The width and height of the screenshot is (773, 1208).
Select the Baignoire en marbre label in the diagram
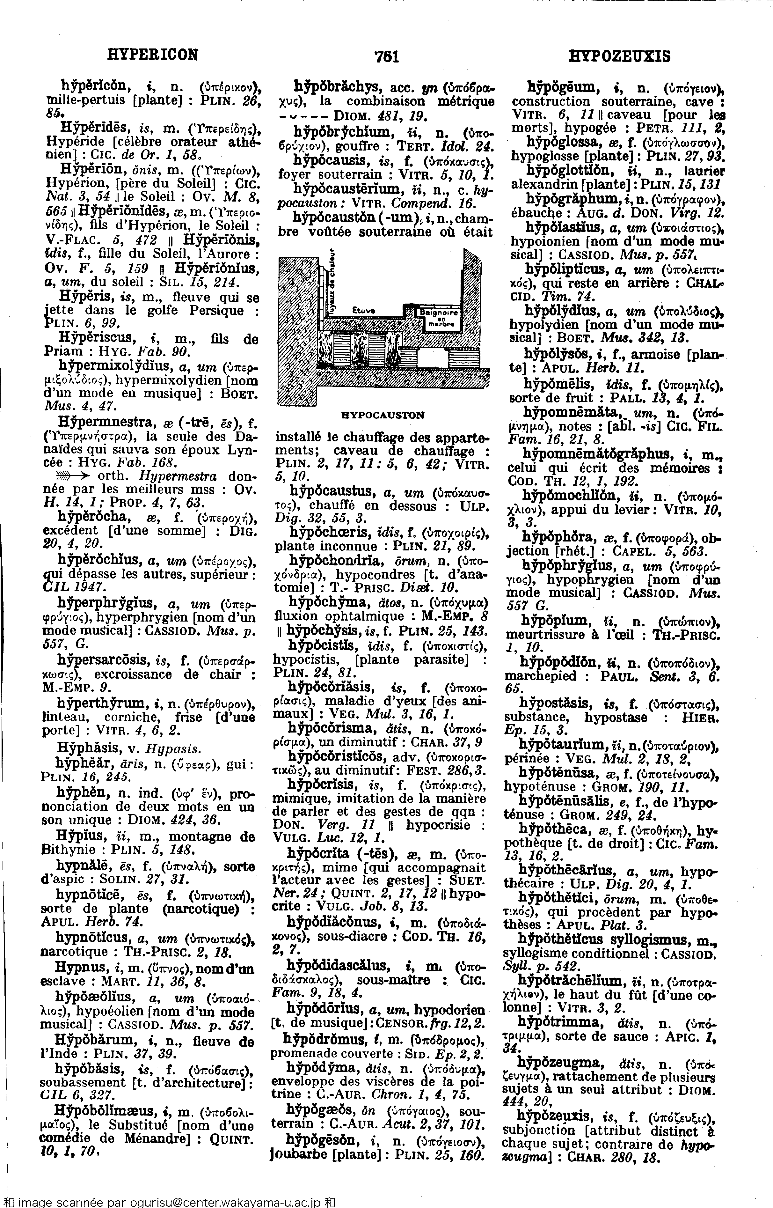(x=438, y=317)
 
